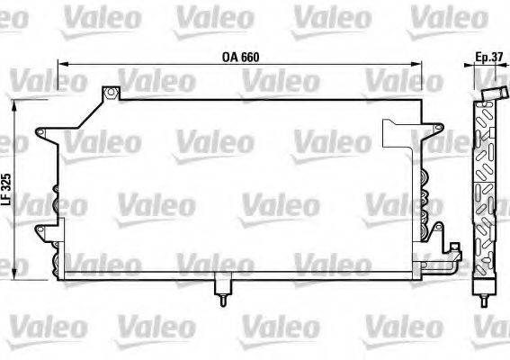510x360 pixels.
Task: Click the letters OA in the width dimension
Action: pyautogui.click(x=230, y=55)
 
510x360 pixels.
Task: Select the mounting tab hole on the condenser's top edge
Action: pyautogui.click(x=110, y=91)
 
